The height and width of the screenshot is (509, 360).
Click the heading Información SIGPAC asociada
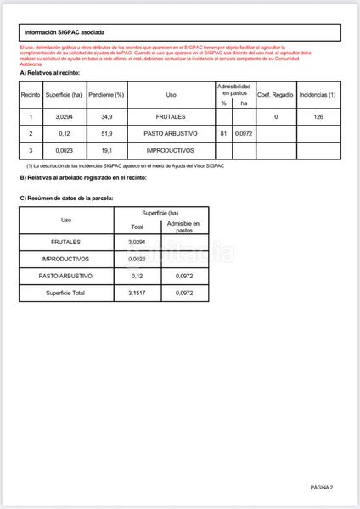(x=65, y=32)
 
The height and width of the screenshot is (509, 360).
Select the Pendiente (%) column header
(x=107, y=95)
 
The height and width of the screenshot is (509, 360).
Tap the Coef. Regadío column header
(x=276, y=95)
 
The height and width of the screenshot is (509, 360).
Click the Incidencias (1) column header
(x=318, y=95)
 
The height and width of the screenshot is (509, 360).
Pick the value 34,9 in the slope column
(x=107, y=116)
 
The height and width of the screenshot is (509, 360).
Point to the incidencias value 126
(x=318, y=116)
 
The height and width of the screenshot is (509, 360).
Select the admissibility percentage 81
(x=223, y=134)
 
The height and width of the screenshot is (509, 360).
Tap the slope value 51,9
(x=107, y=134)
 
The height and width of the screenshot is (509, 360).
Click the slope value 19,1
(x=107, y=151)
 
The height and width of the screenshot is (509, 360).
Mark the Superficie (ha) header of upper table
(x=63, y=95)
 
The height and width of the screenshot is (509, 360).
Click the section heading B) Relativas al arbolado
(x=83, y=178)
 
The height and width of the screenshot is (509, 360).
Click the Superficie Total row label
(x=66, y=293)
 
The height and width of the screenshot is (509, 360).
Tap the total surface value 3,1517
(x=137, y=293)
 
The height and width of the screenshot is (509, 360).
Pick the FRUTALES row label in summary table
(x=66, y=243)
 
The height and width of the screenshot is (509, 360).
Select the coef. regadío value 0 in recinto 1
(x=276, y=116)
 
